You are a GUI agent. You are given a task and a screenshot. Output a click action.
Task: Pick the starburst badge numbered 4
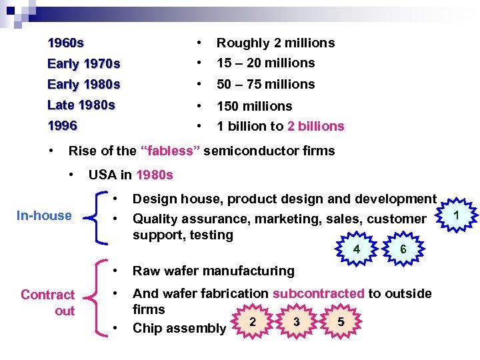click(357, 249)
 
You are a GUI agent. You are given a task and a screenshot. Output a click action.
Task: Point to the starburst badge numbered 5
click(341, 321)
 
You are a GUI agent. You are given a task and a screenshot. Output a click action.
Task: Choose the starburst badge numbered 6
click(403, 249)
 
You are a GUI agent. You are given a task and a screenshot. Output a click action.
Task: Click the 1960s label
click(66, 43)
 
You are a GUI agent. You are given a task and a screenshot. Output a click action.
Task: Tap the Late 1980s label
click(81, 105)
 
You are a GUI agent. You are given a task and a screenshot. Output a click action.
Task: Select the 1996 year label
click(63, 125)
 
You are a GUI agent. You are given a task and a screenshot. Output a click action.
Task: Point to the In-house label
click(44, 215)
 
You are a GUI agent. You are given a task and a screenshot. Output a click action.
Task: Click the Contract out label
click(47, 303)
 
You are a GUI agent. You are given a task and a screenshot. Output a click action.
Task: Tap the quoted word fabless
click(170, 151)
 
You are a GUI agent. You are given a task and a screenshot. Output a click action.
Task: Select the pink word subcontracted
click(319, 293)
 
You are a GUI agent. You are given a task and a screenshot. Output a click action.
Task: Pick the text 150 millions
click(254, 106)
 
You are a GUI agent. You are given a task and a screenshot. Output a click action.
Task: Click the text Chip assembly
click(179, 328)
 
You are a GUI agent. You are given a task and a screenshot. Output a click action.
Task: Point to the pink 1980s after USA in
click(154, 175)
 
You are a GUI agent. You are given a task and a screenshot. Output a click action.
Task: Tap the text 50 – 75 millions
click(265, 85)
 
